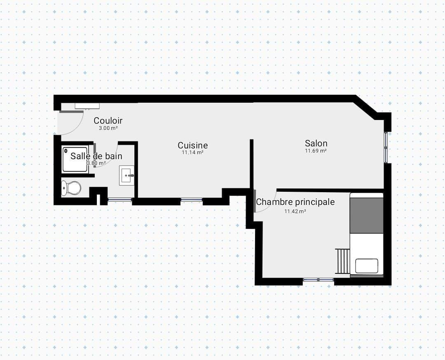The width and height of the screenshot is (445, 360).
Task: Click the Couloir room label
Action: tap(108, 120)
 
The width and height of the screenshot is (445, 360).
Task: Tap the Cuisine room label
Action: tap(193, 145)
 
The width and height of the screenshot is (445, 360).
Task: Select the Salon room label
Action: tap(316, 143)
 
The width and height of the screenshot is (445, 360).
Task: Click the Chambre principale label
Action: tap(295, 202)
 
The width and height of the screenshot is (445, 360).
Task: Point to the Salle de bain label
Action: tap(96, 156)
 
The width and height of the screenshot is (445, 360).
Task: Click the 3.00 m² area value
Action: tap(108, 128)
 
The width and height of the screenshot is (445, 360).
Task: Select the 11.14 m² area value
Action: tap(192, 152)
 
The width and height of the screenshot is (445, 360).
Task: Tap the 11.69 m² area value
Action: tap(316, 151)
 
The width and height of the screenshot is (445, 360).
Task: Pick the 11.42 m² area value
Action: tap(295, 212)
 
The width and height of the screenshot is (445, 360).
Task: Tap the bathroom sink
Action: tap(126, 176)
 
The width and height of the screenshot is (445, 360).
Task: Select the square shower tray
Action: tap(75, 159)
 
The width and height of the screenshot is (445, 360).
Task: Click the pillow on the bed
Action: tap(367, 266)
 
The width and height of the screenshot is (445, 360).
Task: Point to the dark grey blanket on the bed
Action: tap(366, 215)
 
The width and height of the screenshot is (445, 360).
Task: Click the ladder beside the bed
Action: tap(342, 261)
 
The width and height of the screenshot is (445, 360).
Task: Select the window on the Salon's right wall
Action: tap(386, 147)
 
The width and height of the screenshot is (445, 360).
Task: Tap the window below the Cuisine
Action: tap(192, 200)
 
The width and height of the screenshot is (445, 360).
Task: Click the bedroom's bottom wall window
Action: tap(319, 280)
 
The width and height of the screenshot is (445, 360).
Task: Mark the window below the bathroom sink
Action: tap(120, 200)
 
